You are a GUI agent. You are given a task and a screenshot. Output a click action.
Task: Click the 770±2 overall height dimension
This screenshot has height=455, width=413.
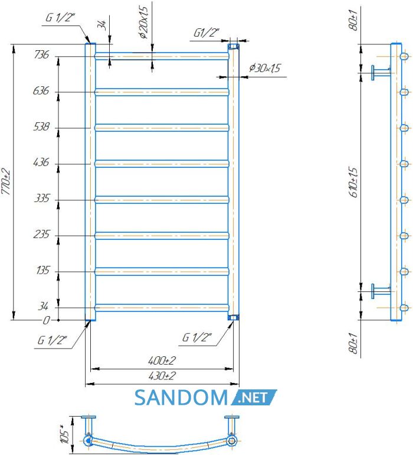(6, 182)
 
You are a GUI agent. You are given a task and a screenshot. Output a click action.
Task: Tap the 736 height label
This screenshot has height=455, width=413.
(42, 54)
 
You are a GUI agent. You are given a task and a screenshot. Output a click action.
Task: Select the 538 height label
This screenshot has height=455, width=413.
(41, 126)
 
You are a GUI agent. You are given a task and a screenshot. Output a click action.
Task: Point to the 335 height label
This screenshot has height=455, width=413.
(42, 199)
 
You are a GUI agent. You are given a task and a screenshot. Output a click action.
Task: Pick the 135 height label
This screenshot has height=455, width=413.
(43, 271)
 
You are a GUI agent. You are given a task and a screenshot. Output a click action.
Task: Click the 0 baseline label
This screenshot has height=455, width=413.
(47, 320)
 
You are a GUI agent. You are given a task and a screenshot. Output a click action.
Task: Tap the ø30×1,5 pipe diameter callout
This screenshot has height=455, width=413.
(264, 68)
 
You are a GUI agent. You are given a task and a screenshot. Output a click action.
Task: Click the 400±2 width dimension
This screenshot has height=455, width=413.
(162, 360)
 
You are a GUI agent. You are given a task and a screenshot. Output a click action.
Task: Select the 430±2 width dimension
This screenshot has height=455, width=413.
(162, 376)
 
